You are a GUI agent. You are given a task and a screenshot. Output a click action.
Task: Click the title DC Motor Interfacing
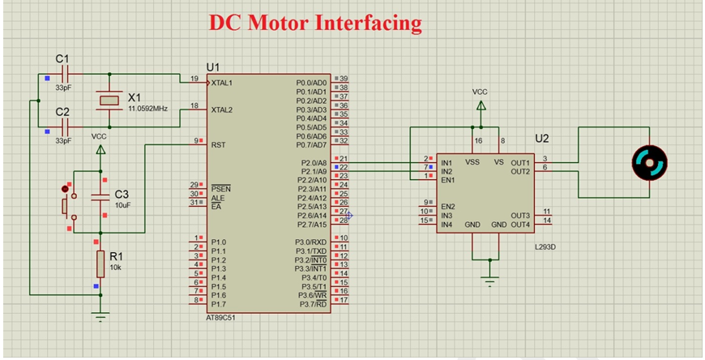315,23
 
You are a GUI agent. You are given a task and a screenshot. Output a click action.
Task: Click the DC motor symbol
649,162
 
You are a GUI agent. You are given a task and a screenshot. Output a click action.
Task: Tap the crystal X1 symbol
109,101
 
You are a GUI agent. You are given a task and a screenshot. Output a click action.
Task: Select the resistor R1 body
100,264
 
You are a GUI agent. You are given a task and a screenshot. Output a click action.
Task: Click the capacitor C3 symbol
100,197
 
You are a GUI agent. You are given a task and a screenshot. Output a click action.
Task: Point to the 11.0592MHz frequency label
148,109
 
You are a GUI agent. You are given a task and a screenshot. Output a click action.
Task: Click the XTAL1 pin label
222,83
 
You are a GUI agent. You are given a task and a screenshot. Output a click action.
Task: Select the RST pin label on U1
218,145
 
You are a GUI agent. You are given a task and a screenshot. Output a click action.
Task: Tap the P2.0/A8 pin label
314,162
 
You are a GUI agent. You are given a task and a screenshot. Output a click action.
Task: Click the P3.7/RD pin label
314,305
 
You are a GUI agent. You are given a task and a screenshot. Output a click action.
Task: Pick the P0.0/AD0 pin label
312,83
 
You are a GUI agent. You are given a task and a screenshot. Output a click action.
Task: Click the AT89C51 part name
220,318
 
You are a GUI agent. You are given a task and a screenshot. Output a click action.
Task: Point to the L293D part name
543,247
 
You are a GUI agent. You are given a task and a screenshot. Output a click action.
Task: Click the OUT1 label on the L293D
520,162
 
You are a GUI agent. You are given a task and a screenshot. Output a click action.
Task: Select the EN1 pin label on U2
448,180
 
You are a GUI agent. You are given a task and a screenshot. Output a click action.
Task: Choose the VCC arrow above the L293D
481,105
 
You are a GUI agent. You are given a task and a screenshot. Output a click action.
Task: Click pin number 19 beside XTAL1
194,79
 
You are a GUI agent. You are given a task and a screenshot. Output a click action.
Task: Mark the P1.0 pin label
219,242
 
